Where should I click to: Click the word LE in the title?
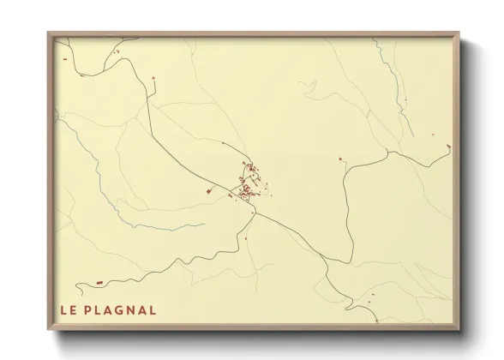(68, 309)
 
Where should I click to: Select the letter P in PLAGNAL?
(89, 309)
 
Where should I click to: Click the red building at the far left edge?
(63, 59)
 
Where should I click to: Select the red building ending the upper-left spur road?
(153, 80)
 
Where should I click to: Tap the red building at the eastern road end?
(449, 147)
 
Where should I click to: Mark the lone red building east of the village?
(340, 159)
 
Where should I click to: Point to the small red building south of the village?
(246, 237)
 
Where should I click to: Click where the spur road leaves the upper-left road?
(147, 96)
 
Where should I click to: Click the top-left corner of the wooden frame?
(49, 33)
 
